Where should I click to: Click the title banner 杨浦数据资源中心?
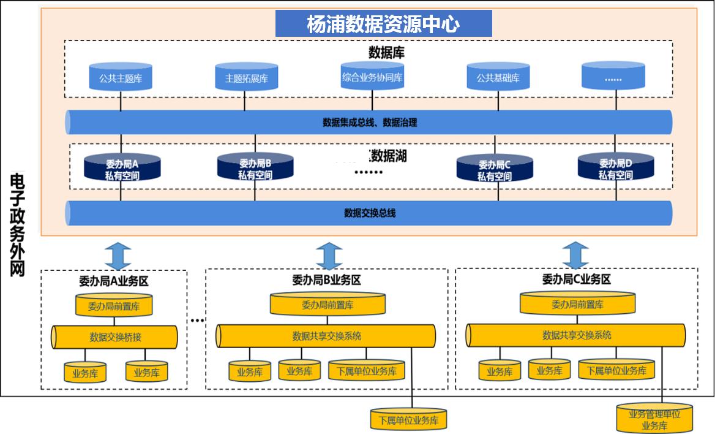(383, 24)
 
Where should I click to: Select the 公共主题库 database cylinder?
(120, 77)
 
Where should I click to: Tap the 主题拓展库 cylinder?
(246, 77)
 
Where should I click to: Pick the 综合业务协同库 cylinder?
(372, 76)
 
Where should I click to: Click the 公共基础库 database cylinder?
(498, 77)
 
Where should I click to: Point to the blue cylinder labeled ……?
(613, 77)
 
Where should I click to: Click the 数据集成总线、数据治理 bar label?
(370, 123)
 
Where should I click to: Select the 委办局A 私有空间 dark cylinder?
(122, 169)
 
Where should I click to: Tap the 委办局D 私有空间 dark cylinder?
(615, 168)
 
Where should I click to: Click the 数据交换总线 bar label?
(370, 213)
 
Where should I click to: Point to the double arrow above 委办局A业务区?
(119, 254)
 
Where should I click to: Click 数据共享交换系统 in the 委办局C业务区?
(576, 335)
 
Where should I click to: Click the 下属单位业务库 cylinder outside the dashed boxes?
(408, 420)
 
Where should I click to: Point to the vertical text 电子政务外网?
(18, 224)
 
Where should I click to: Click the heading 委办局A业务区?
(114, 281)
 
